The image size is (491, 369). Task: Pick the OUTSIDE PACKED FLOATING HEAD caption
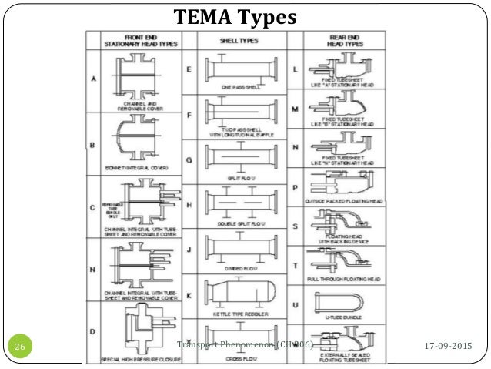(344, 203)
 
